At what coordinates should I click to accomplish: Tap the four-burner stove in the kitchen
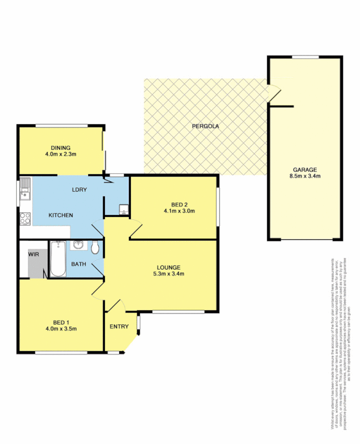25,219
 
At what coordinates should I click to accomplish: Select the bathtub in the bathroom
58,259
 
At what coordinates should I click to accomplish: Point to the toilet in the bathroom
95,248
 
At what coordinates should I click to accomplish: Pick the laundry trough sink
123,210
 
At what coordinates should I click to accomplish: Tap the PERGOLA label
205,127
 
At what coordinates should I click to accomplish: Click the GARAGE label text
305,169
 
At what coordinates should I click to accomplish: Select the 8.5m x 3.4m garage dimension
305,176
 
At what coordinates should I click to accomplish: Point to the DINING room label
61,148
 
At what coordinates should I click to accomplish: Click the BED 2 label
179,204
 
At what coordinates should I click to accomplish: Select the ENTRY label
118,326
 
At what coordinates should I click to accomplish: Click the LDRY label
79,190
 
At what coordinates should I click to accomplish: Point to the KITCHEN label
61,215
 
